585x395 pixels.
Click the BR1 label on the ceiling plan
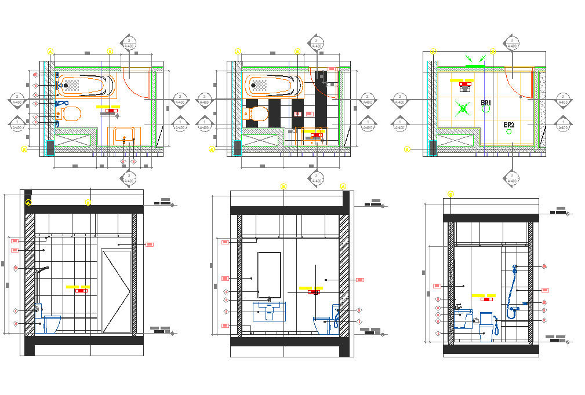(486, 103)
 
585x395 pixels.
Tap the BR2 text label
(509, 125)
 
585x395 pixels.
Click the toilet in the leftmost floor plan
(69, 114)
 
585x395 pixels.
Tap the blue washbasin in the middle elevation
(270, 312)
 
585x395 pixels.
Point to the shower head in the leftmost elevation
(41, 270)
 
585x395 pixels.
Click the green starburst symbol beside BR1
(462, 108)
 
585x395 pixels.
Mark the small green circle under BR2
(510, 132)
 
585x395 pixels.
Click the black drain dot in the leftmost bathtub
(66, 86)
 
